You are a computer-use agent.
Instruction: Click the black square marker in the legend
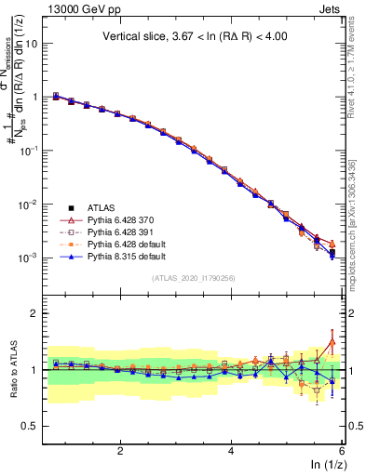[72, 207]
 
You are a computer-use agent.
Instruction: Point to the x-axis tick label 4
[231, 451]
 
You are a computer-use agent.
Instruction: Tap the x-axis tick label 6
[342, 451]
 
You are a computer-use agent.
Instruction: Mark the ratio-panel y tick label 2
[41, 314]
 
